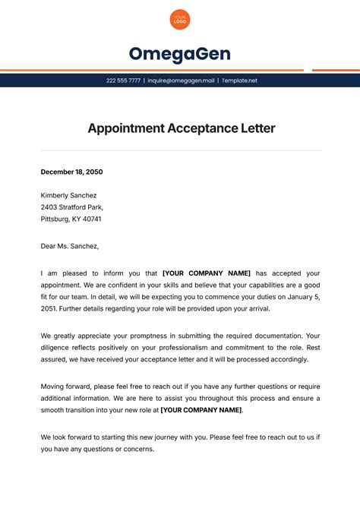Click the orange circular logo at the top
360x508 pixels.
click(x=180, y=20)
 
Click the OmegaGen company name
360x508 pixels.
click(x=180, y=54)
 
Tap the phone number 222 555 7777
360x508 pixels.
click(x=123, y=80)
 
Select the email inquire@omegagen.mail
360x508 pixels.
click(x=181, y=80)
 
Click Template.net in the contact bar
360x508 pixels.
click(x=240, y=80)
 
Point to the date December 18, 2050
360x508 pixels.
click(x=72, y=172)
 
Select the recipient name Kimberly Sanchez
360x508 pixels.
click(x=69, y=195)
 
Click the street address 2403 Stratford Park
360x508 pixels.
click(x=71, y=207)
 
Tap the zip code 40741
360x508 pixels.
click(x=90, y=219)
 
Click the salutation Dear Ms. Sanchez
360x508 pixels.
click(x=70, y=246)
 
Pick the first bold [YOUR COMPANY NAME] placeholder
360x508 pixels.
click(x=207, y=273)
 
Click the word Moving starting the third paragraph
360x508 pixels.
click(x=54, y=387)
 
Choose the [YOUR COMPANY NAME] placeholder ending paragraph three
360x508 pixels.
click(x=201, y=410)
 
